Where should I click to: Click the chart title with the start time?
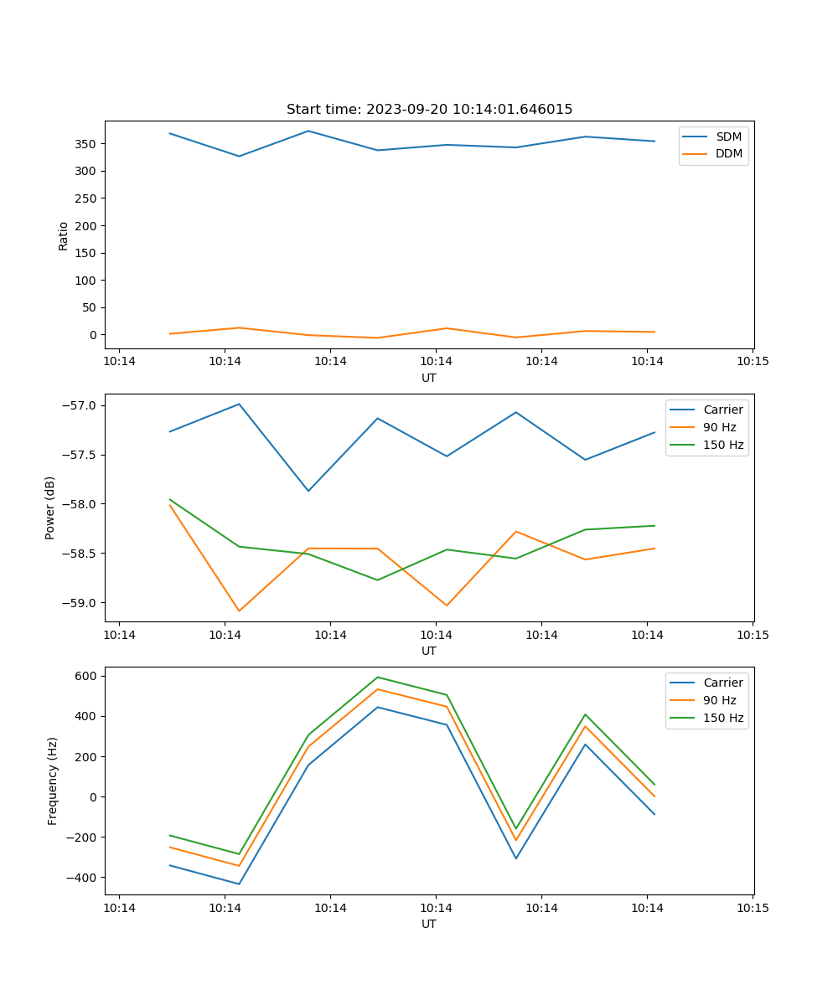(429, 110)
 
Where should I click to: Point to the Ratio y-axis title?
(64, 235)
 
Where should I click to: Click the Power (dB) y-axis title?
(50, 508)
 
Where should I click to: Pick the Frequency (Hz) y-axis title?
(53, 781)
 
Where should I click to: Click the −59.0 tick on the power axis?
(81, 603)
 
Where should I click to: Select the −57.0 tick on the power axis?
(81, 406)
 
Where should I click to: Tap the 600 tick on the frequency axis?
(88, 676)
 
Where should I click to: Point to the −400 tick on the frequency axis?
(84, 878)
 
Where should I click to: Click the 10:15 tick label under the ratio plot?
(753, 362)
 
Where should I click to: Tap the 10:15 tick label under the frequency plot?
(753, 908)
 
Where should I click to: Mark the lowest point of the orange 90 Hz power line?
(239, 611)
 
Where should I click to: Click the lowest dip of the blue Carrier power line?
(308, 491)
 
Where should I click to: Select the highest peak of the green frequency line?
(377, 677)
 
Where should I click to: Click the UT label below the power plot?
(429, 651)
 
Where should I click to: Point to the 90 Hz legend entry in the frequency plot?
(719, 700)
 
